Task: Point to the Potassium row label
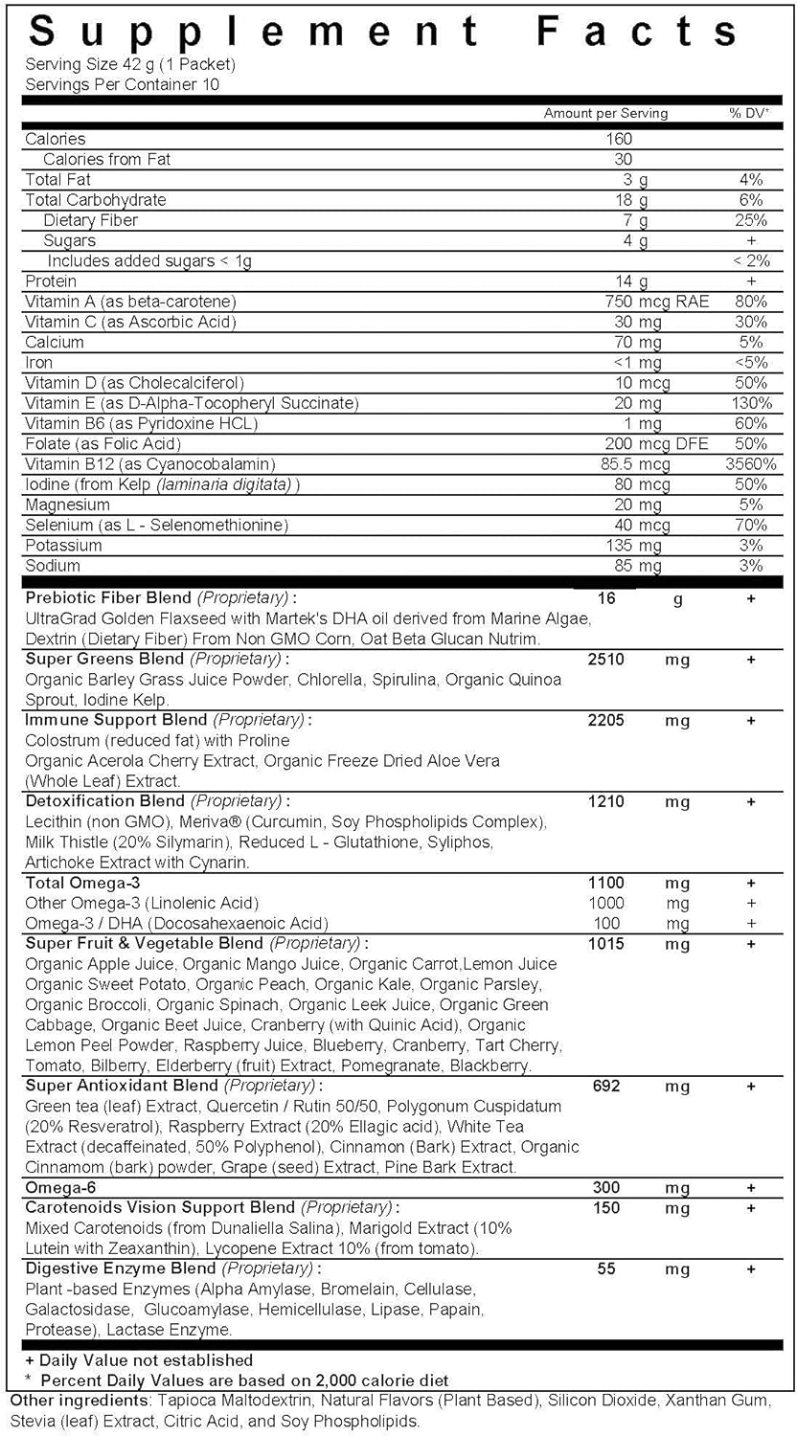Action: click(63, 546)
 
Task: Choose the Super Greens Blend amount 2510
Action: click(604, 659)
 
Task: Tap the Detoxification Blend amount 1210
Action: click(604, 801)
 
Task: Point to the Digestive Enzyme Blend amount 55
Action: click(604, 1269)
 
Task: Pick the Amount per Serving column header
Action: click(605, 113)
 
